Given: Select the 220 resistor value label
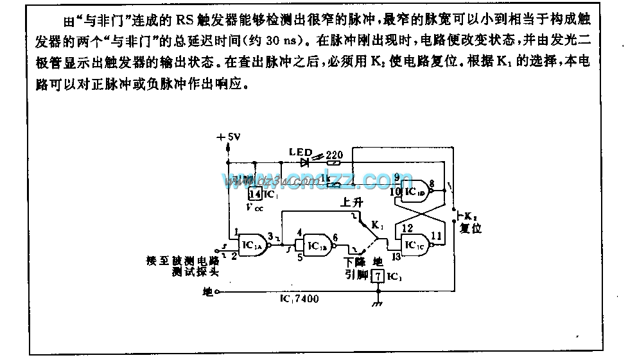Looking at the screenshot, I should pos(334,155).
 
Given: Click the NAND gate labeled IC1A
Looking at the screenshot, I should pos(250,244).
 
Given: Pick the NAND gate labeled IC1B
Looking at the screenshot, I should pos(316,246).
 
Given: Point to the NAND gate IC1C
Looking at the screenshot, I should pos(415,244).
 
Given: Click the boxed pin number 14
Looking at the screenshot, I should pos(255,194).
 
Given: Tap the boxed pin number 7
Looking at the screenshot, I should pos(378,277).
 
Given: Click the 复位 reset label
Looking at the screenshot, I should pos(471,228).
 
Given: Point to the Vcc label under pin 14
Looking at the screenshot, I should pos(255,207).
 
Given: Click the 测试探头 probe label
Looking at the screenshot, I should pos(188,272).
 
